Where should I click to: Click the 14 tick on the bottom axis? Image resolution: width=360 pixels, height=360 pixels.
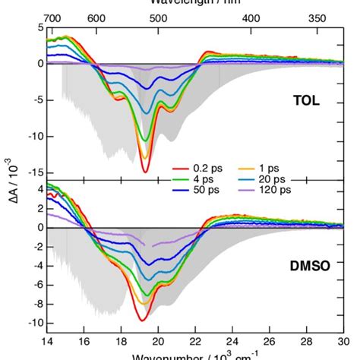(47, 340)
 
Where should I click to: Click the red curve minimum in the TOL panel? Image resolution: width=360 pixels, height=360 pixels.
(145, 172)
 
